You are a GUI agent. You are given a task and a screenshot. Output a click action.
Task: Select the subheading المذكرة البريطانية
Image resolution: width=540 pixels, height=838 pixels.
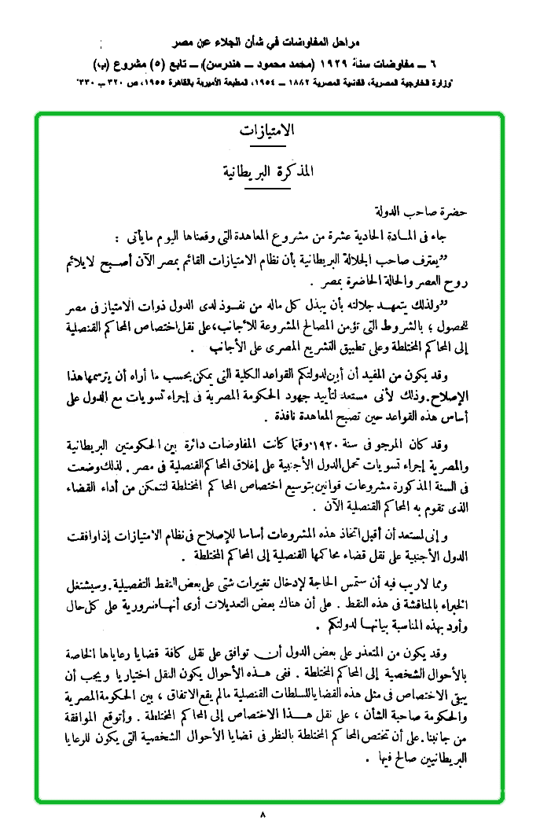point(269,171)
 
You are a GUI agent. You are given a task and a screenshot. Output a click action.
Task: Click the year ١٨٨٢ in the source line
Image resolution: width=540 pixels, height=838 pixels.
point(301,81)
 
